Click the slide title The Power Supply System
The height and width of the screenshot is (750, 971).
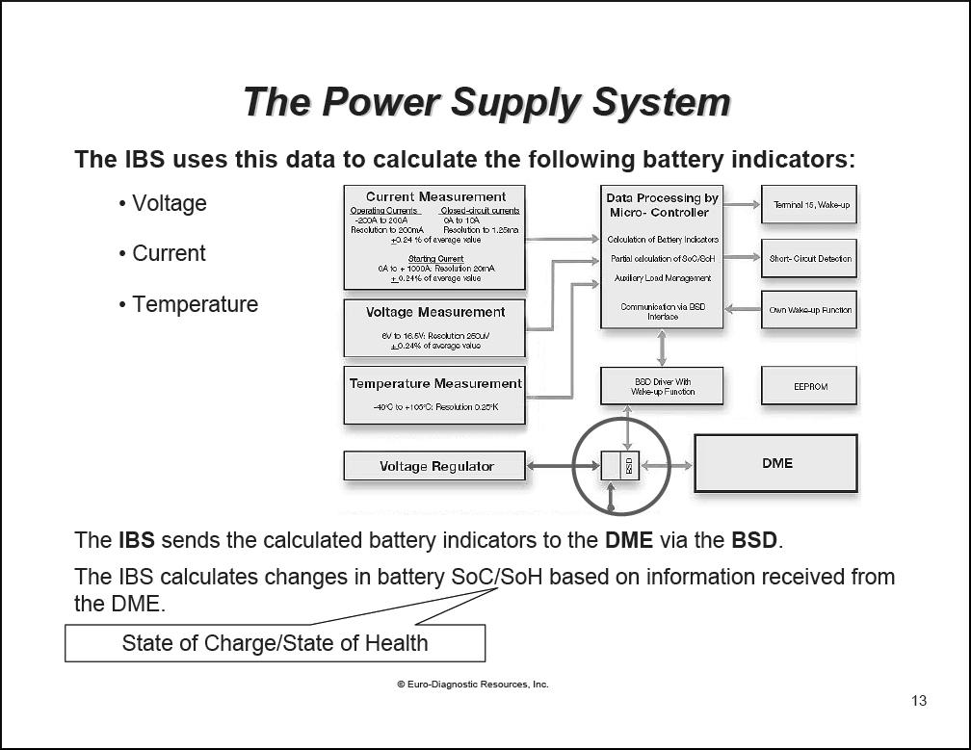click(x=485, y=102)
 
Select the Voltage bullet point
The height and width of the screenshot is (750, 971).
click(x=169, y=203)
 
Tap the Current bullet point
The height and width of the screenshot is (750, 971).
click(x=169, y=253)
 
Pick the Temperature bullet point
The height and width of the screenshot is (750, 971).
click(x=195, y=304)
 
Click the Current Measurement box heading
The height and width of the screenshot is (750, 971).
click(x=435, y=197)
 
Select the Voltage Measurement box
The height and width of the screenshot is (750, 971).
click(x=434, y=327)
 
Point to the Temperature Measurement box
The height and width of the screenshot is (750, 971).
click(x=434, y=394)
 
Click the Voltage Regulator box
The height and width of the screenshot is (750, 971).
click(x=434, y=466)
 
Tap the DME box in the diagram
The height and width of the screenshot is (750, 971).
click(x=775, y=463)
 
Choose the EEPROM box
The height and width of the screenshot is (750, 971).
click(x=809, y=386)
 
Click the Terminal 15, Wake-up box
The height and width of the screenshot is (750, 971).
click(x=809, y=205)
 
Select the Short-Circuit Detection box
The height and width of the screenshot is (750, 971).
click(x=809, y=258)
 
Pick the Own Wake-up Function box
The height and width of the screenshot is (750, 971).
click(x=809, y=310)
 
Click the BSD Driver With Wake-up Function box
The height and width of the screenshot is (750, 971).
click(x=661, y=386)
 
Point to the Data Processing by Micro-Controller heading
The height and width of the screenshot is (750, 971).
click(x=661, y=205)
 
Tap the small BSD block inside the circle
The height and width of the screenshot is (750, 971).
click(x=629, y=466)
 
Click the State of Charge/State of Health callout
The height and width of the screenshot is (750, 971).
click(x=275, y=643)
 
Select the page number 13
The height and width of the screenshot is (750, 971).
click(x=918, y=700)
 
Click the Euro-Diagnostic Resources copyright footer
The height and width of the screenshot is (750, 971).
click(x=472, y=685)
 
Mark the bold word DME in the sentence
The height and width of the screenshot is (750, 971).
click(x=628, y=540)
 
